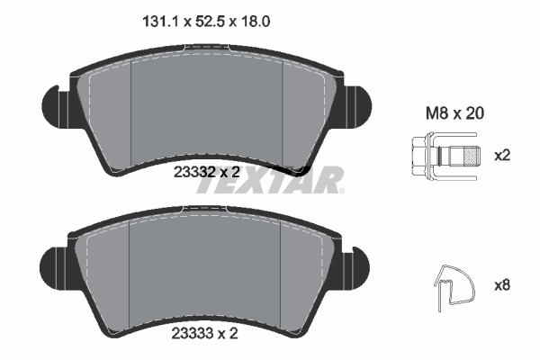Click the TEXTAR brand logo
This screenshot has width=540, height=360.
(x=270, y=180)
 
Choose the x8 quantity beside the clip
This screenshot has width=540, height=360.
(x=502, y=286)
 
